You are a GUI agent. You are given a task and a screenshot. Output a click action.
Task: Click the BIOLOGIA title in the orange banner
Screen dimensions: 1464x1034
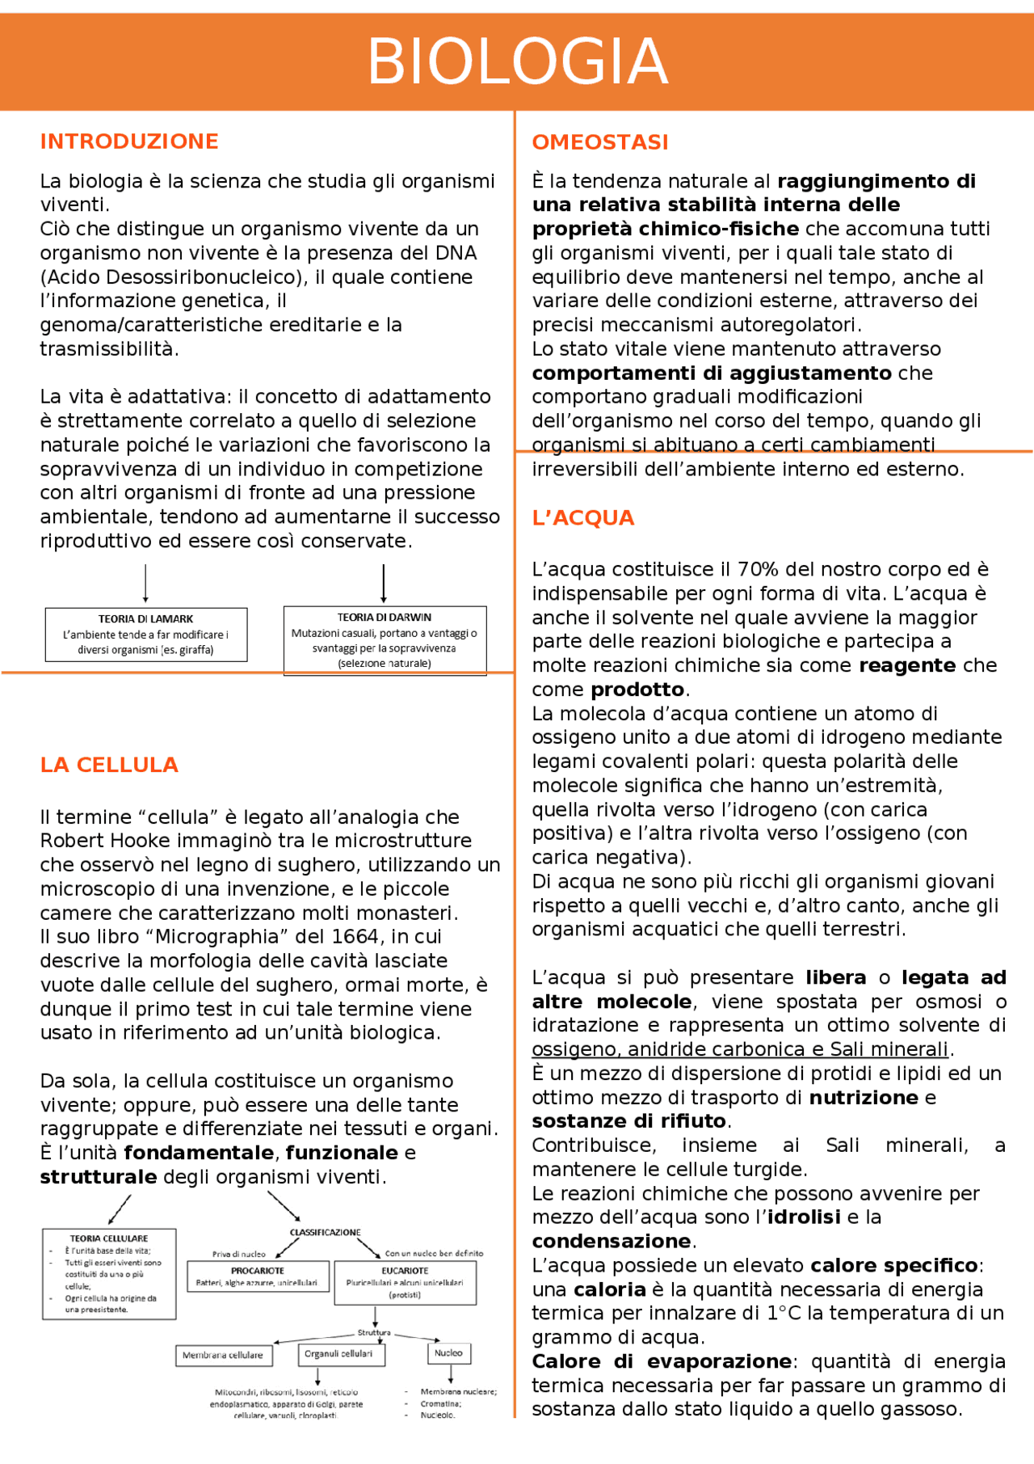517,61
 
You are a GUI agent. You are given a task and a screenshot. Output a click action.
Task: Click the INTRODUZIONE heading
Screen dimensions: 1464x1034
129,141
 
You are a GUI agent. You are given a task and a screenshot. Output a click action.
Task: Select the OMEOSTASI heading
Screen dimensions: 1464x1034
600,142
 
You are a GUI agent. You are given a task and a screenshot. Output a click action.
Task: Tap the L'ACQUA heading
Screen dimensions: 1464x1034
583,518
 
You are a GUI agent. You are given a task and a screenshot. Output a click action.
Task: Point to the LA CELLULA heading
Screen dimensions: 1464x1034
109,765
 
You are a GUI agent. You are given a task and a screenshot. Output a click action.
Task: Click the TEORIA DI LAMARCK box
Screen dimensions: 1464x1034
146,635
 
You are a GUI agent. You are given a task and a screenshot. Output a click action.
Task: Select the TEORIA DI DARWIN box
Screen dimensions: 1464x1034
385,640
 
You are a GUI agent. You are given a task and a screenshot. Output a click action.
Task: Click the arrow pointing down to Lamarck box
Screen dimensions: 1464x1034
145,584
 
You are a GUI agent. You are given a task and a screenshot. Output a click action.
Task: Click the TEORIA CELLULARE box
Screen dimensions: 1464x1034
109,1274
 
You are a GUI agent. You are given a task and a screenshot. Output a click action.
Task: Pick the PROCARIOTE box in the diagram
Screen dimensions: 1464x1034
258,1276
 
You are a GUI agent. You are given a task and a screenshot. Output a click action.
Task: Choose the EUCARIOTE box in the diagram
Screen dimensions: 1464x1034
405,1282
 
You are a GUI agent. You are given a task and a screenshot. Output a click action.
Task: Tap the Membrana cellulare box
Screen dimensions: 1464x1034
223,1355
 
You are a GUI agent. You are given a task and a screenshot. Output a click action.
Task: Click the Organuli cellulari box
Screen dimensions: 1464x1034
339,1354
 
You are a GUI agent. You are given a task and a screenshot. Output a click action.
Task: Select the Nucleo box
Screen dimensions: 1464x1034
448,1353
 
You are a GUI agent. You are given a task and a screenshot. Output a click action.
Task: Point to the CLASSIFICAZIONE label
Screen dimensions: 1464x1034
325,1232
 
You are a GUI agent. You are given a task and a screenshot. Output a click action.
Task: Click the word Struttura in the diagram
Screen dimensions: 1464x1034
374,1331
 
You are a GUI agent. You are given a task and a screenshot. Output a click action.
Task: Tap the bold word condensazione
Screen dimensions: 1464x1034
612,1242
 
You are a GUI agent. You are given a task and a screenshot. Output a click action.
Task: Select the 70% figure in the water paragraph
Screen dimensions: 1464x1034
759,570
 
